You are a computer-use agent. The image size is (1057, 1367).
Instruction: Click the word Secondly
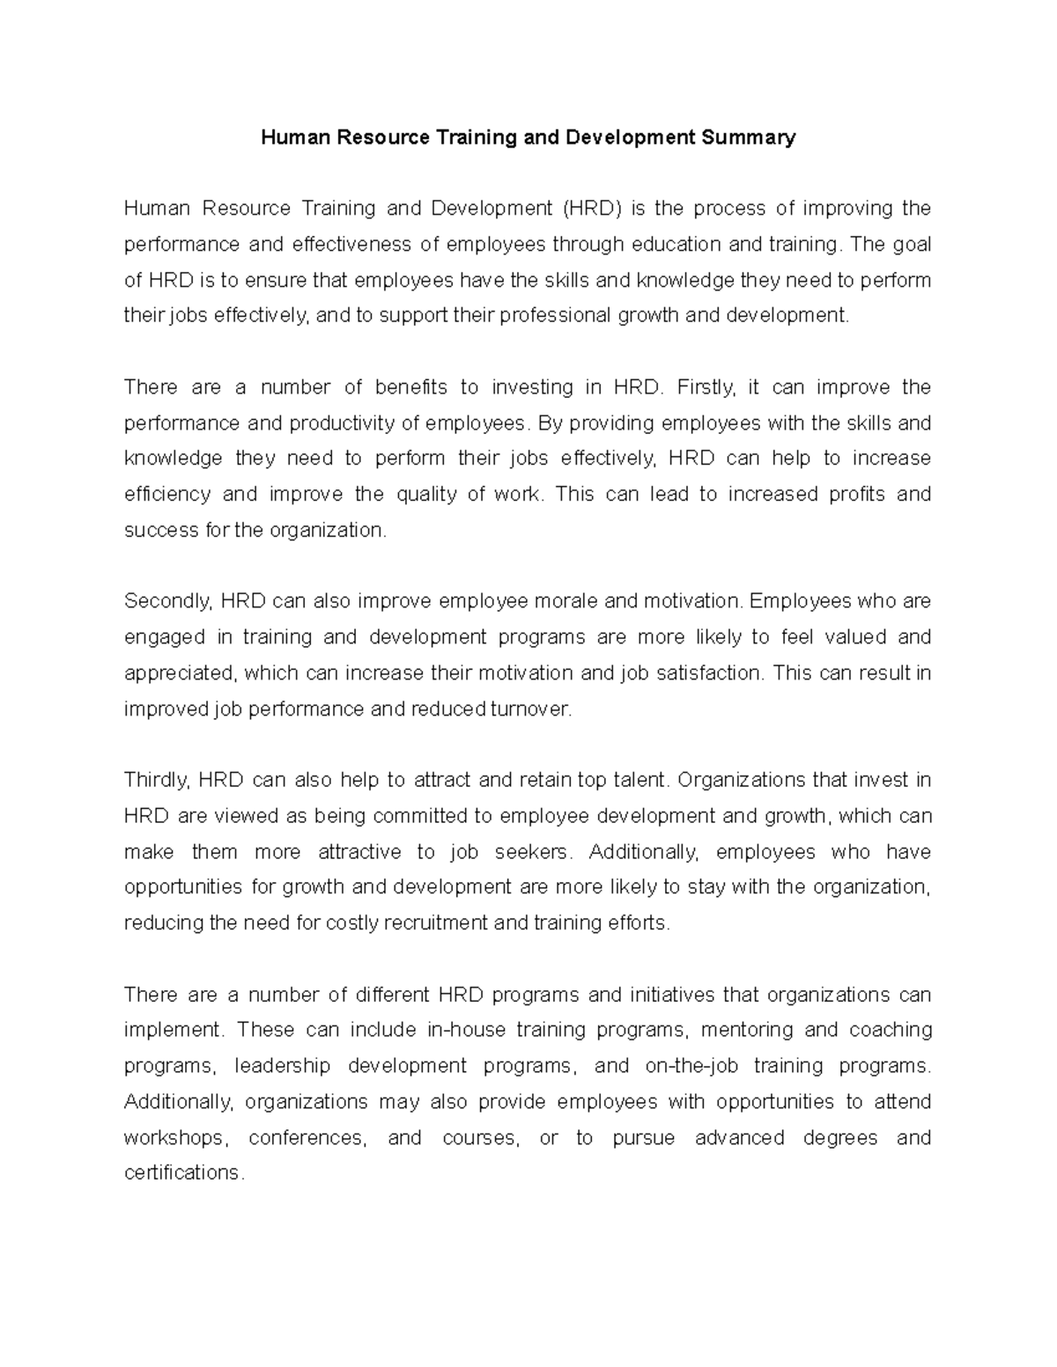click(168, 601)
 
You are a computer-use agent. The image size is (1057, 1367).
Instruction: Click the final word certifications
click(181, 1173)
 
